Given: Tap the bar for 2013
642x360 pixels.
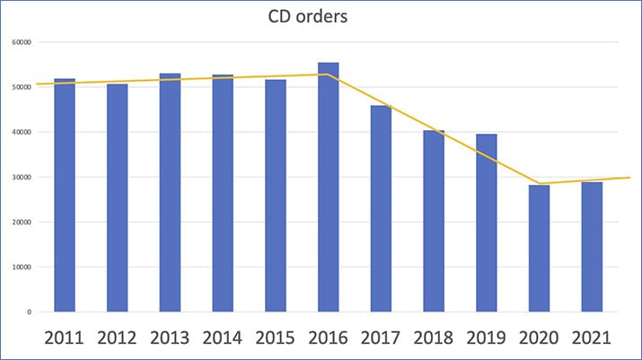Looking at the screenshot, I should (x=170, y=193).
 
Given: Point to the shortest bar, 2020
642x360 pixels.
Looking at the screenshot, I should (x=539, y=249).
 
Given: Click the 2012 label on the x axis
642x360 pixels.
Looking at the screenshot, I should (x=117, y=338).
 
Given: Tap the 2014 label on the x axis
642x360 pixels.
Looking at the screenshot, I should (x=223, y=338).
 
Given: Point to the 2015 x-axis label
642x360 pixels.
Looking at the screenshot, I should (x=276, y=338).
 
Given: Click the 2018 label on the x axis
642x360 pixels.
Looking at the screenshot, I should (x=434, y=338).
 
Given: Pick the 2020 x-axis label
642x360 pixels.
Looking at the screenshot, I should (x=539, y=338).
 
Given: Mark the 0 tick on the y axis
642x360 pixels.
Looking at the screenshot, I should (x=30, y=312).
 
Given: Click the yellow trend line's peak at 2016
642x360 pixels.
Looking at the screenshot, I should (x=329, y=75).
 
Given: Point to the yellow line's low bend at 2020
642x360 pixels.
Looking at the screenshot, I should (x=539, y=183).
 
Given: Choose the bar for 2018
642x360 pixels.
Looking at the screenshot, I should (x=434, y=221).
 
